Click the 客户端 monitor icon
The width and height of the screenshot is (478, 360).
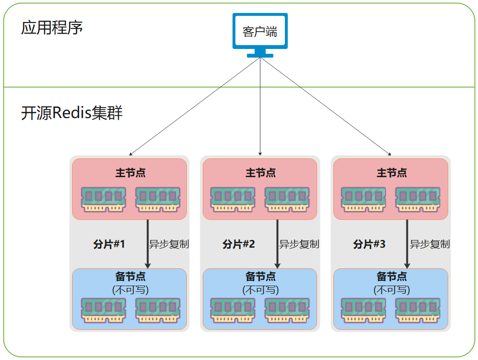(260, 33)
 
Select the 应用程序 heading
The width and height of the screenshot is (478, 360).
(52, 27)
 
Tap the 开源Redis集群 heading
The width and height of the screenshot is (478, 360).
(72, 113)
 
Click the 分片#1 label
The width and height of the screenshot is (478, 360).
(109, 244)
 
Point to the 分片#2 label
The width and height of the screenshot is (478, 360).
(239, 244)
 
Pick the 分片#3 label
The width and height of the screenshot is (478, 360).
(369, 244)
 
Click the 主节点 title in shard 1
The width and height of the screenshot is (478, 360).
(130, 173)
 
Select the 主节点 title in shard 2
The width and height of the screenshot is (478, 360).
(260, 173)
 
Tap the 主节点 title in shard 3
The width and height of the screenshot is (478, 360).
(391, 173)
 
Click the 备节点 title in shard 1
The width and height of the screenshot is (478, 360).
(130, 276)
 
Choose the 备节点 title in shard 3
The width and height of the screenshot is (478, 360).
(391, 276)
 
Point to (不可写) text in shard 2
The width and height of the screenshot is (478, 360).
(260, 290)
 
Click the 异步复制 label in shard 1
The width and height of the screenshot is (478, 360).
(169, 244)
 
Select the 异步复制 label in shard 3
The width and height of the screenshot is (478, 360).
(429, 244)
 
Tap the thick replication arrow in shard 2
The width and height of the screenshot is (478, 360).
(277, 244)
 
